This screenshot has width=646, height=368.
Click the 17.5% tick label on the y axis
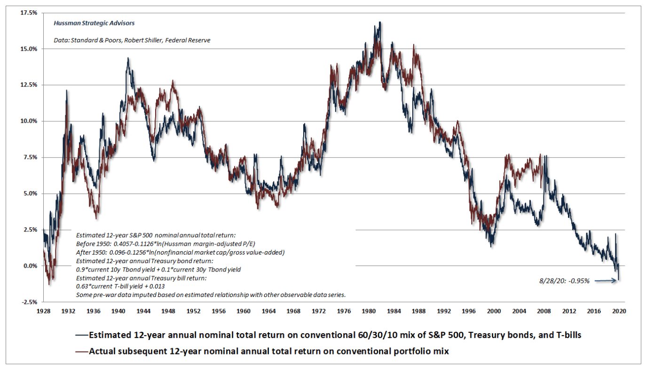28,13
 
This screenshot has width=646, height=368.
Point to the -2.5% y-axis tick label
28,302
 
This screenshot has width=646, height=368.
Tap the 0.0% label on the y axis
30,266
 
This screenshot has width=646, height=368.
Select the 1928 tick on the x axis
43,311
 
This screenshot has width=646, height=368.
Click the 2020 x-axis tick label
619,311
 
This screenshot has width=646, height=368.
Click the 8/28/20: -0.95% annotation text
564,281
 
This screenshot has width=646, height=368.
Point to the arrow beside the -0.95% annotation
607,281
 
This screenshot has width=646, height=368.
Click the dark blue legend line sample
80,336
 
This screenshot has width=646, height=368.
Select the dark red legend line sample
80,351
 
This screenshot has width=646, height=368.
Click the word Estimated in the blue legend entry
110,336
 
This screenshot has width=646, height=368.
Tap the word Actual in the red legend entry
103,351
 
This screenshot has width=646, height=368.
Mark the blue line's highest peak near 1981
380,22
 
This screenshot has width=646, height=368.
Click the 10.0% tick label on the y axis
28,121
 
